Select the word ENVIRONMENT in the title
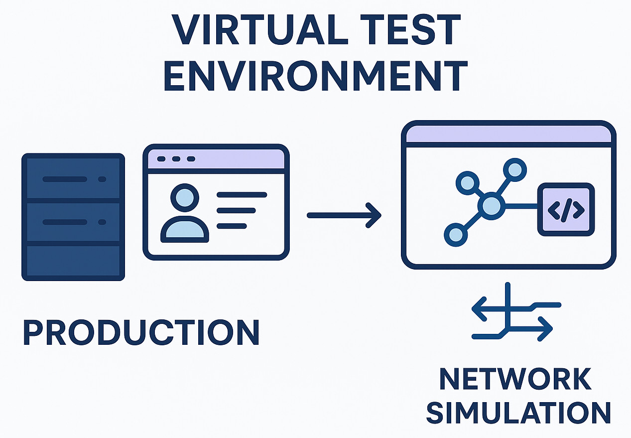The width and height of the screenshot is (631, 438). (315, 77)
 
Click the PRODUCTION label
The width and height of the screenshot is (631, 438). (141, 333)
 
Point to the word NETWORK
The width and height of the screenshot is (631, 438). (515, 380)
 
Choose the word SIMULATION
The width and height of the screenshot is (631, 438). (518, 413)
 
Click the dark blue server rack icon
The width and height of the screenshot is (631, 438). (73, 217)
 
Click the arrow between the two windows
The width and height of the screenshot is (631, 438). (344, 215)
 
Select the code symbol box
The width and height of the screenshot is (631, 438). (566, 209)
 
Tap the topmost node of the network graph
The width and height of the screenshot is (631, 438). (514, 170)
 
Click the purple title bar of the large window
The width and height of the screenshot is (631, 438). (508, 134)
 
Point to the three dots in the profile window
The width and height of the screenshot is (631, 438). (176, 159)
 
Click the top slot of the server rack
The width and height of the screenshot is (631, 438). (73, 179)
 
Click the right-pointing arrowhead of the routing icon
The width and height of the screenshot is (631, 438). (547, 329)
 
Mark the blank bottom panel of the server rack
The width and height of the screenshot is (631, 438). (73, 260)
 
